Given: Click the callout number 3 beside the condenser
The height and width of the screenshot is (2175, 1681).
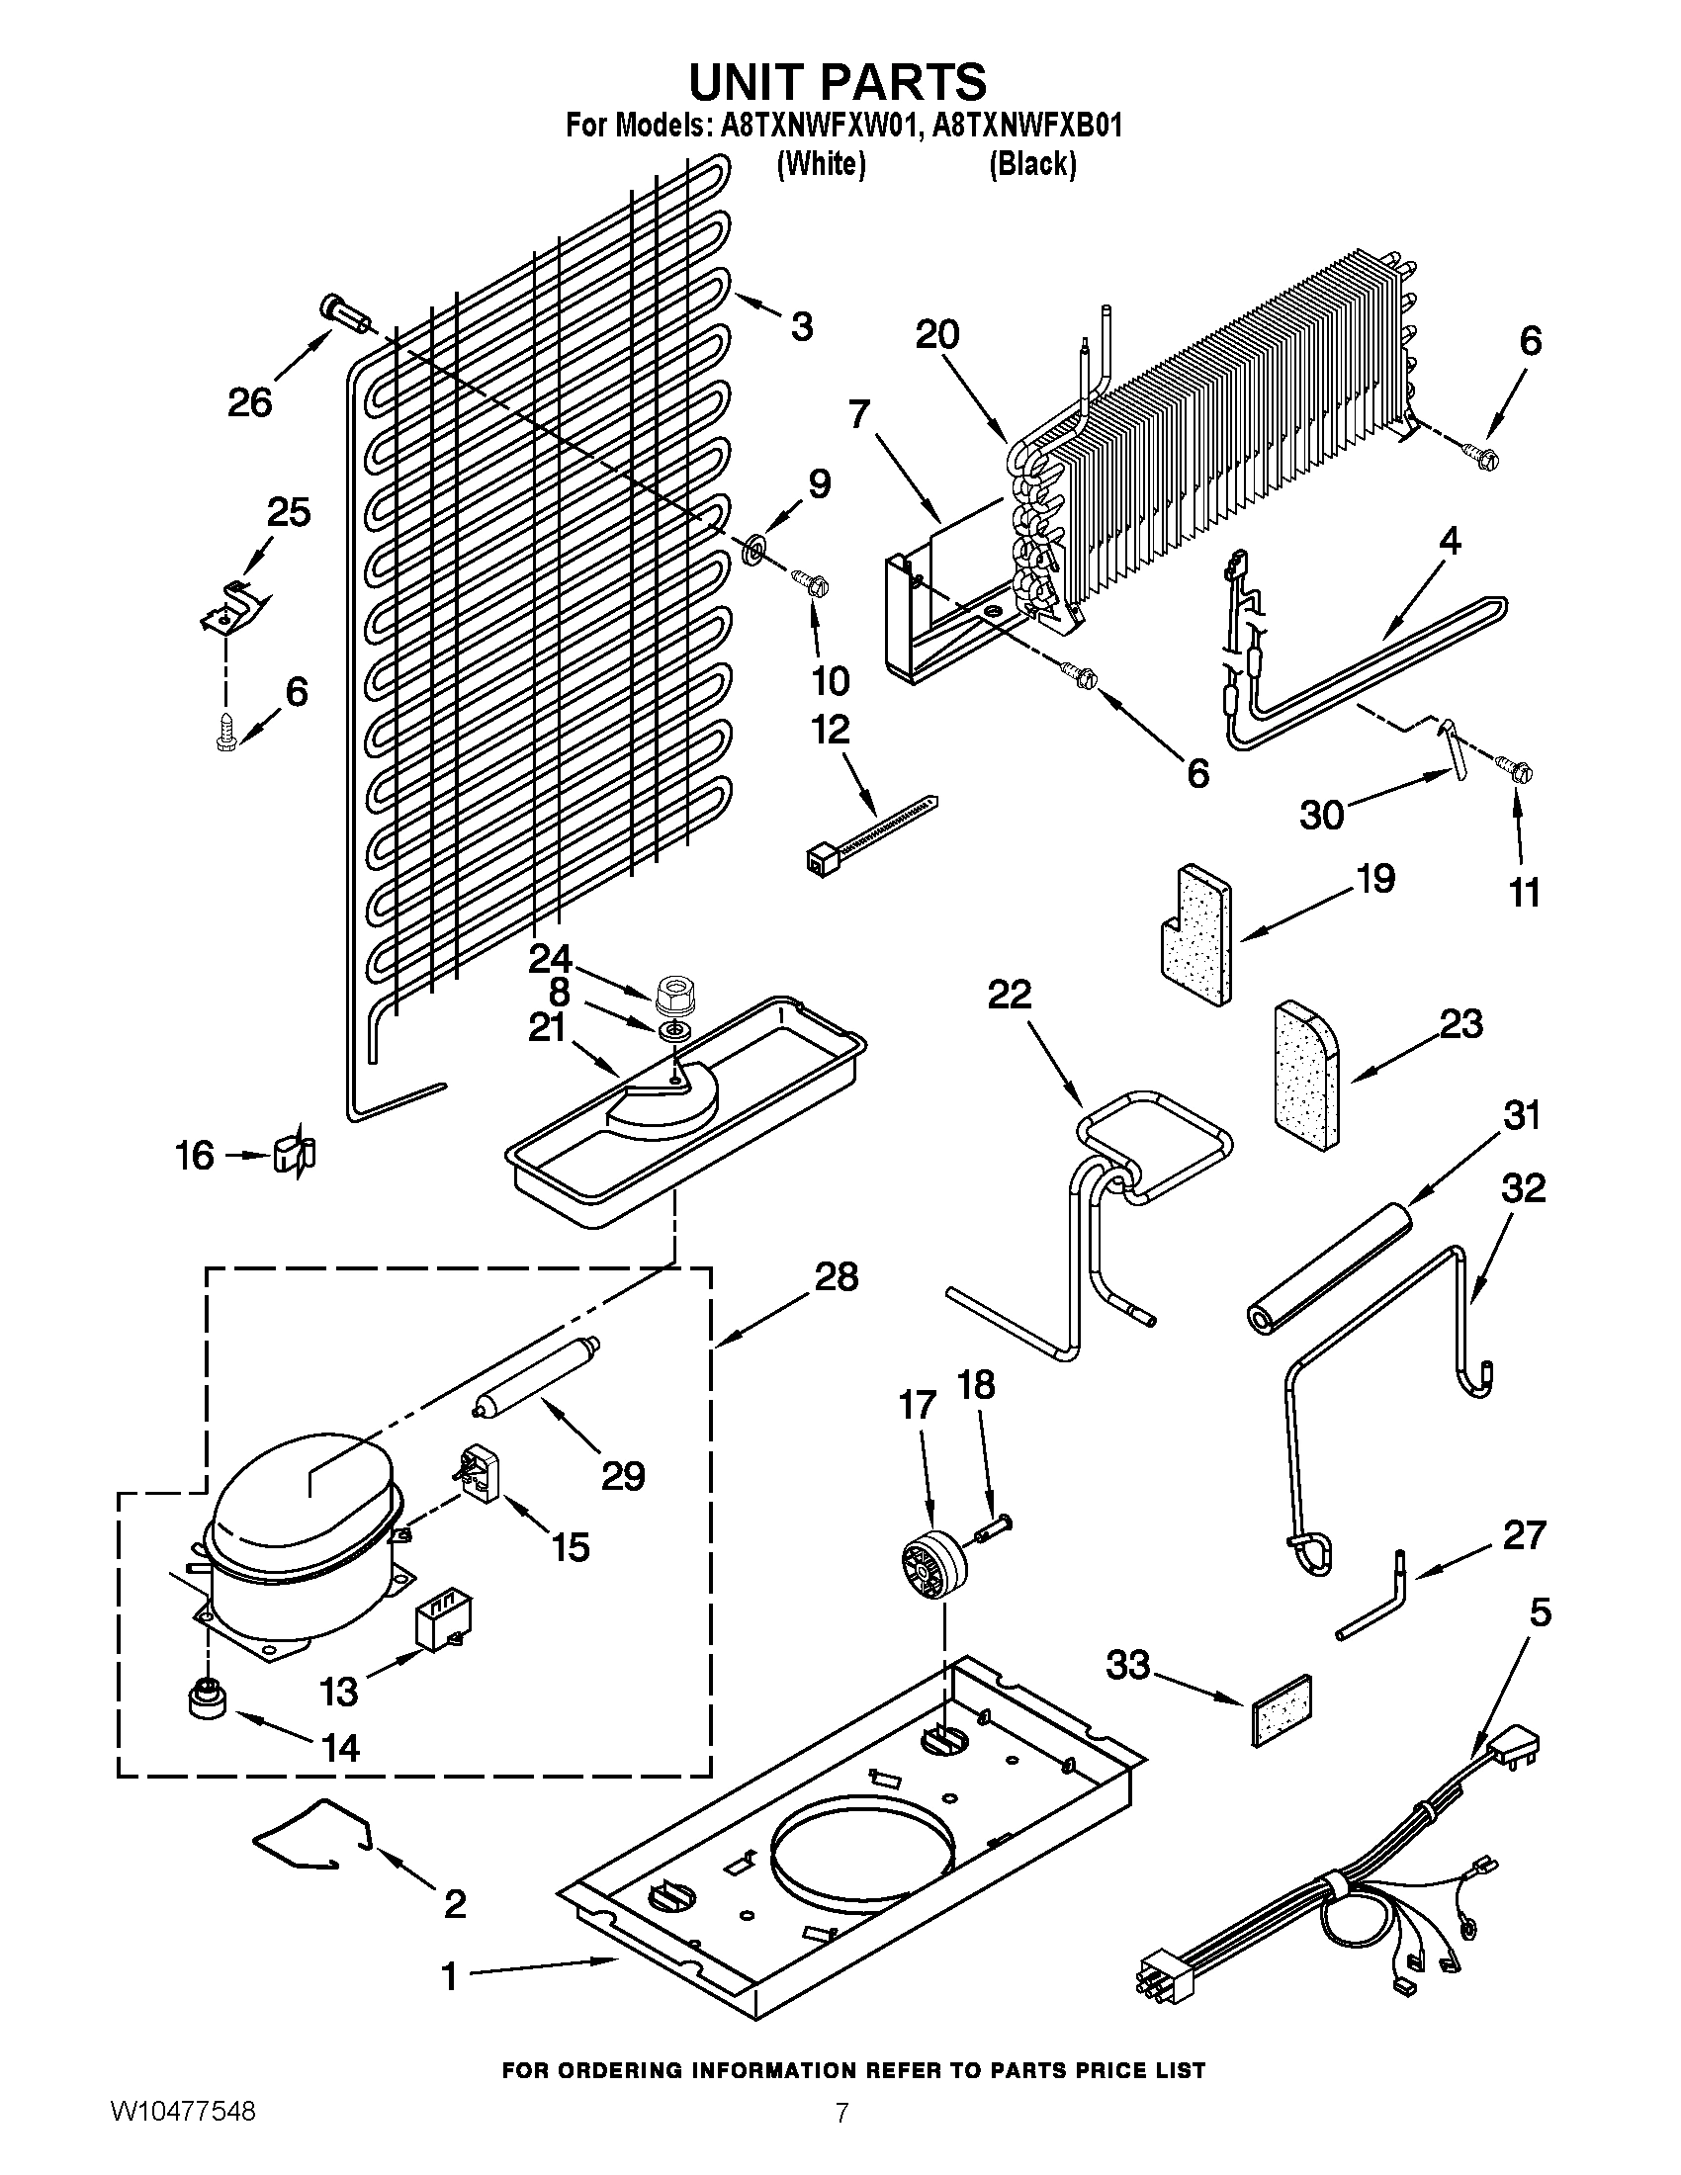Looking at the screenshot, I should click(802, 325).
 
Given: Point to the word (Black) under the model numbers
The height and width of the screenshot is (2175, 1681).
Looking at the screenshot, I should click(1031, 164).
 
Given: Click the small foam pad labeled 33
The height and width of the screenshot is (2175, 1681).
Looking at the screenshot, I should click(1278, 1710).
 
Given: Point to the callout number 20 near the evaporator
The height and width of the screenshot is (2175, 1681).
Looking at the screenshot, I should click(936, 334).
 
